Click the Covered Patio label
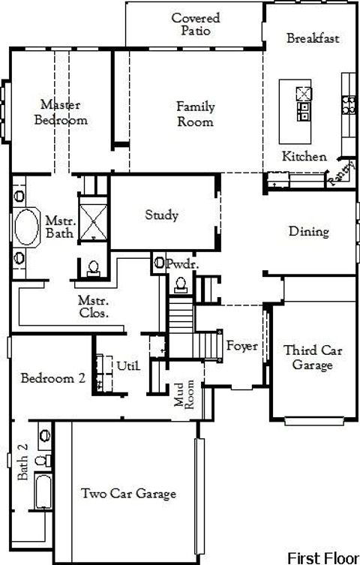[195, 24]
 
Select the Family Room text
[195, 114]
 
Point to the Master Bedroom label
[61, 113]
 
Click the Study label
[162, 216]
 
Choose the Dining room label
[309, 232]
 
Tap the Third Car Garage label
[307, 358]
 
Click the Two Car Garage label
[129, 493]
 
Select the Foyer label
[241, 347]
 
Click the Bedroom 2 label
[52, 378]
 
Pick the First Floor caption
[321, 557]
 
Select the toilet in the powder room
[181, 284]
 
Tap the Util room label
[128, 365]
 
